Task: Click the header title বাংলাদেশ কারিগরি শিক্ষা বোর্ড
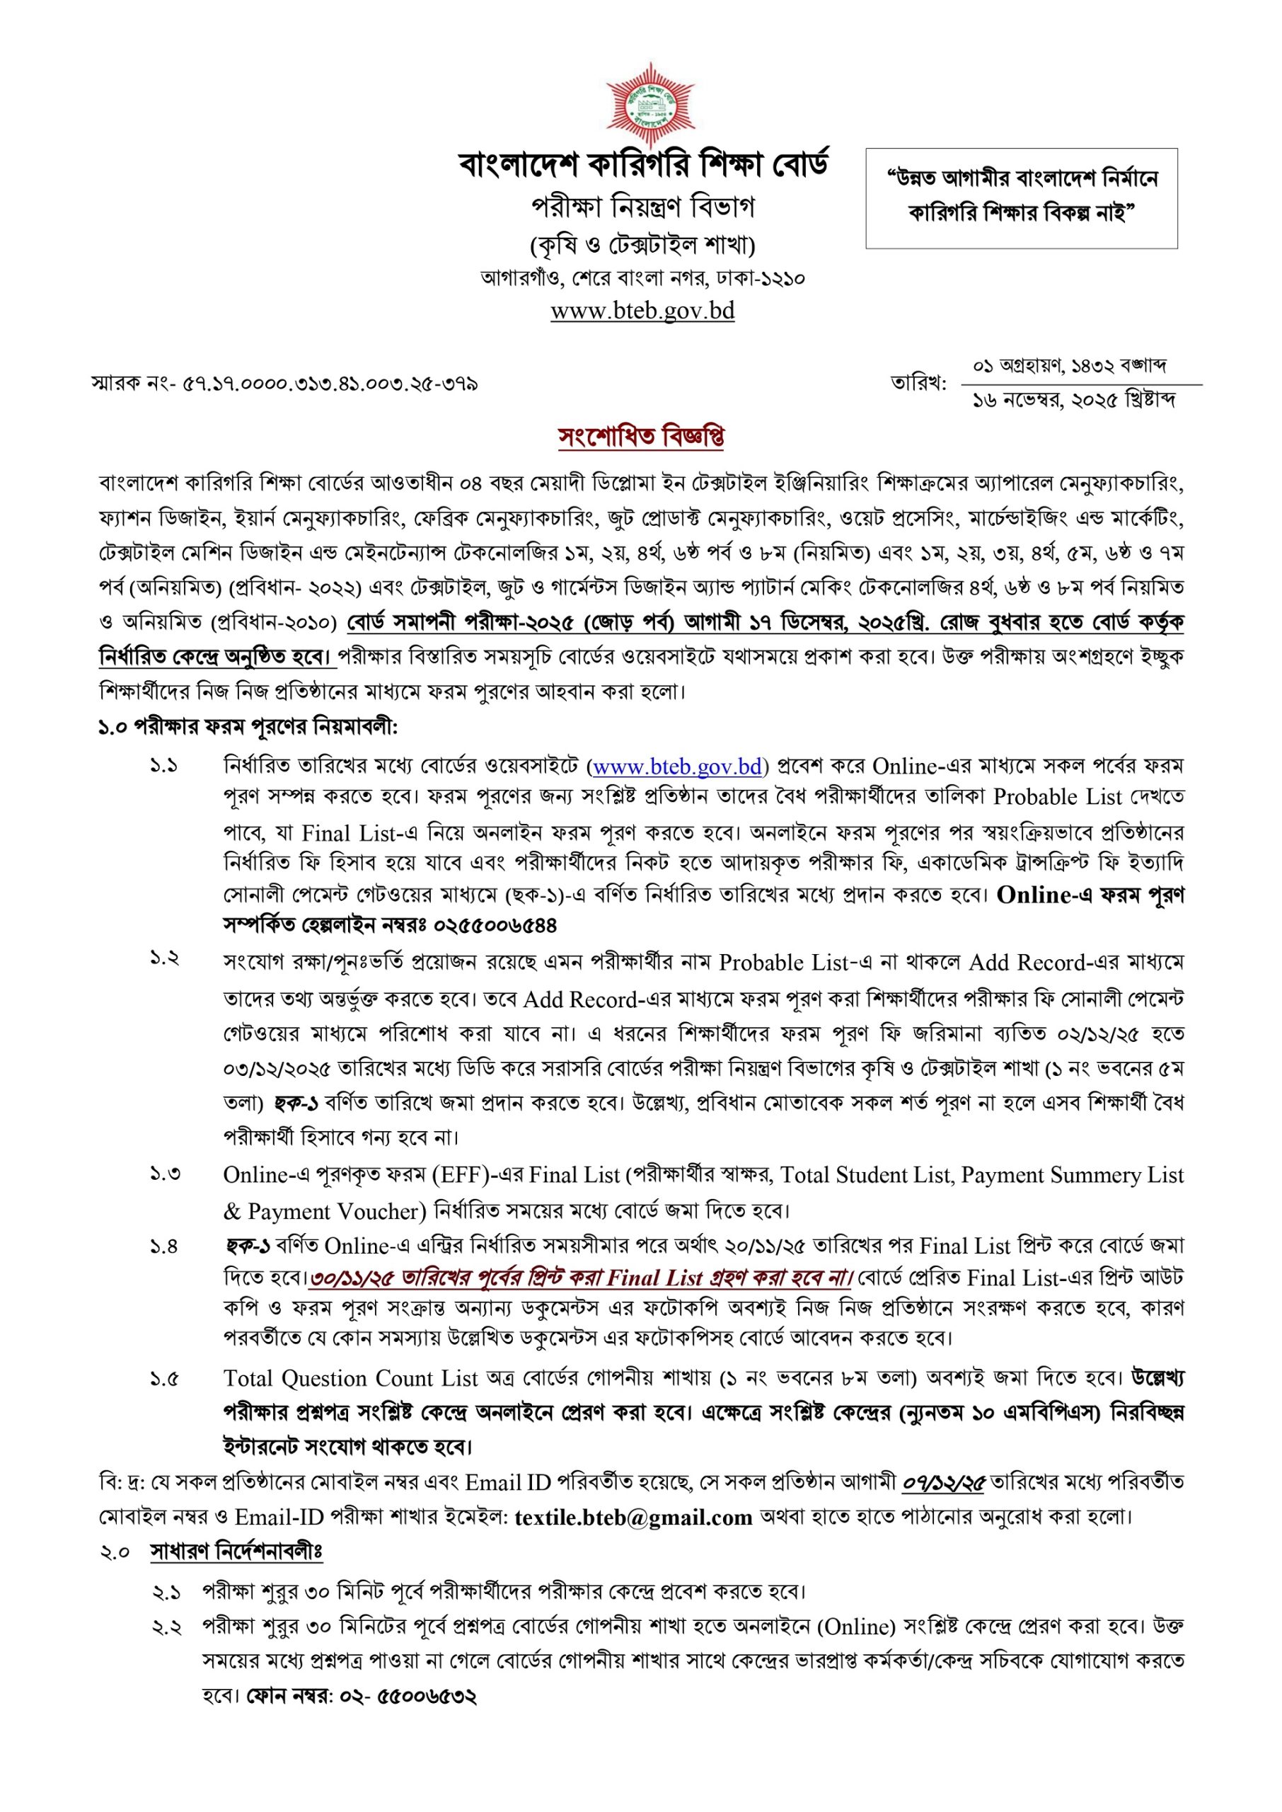tap(643, 166)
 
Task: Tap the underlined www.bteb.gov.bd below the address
tap(642, 311)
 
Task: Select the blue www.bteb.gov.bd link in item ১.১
tap(676, 766)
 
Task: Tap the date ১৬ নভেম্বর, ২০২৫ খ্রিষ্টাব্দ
tap(1075, 401)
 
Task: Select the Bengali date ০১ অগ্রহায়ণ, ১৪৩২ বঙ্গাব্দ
tap(1070, 367)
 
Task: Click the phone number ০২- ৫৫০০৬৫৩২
tap(408, 1696)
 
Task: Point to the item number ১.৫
tap(165, 1380)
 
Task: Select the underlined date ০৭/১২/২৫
tap(943, 1483)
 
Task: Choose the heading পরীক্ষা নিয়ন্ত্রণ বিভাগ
tap(642, 207)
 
